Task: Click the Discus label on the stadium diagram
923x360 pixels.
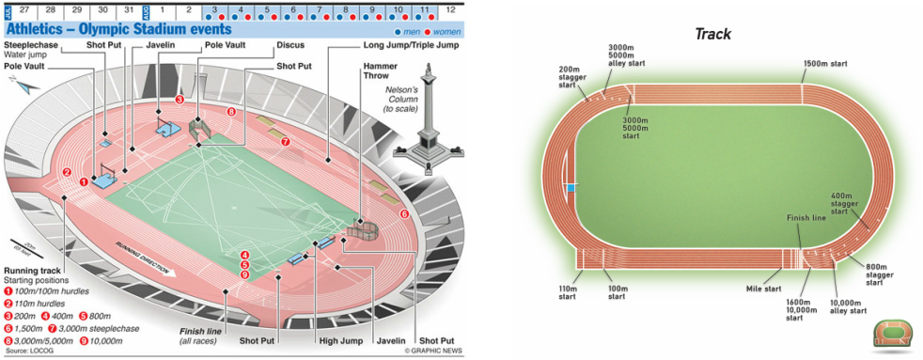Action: point(289,44)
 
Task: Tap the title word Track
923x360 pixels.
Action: point(712,34)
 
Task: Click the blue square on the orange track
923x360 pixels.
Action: point(570,187)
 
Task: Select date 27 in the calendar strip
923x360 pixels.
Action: point(24,9)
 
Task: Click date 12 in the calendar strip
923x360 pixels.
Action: point(451,9)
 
